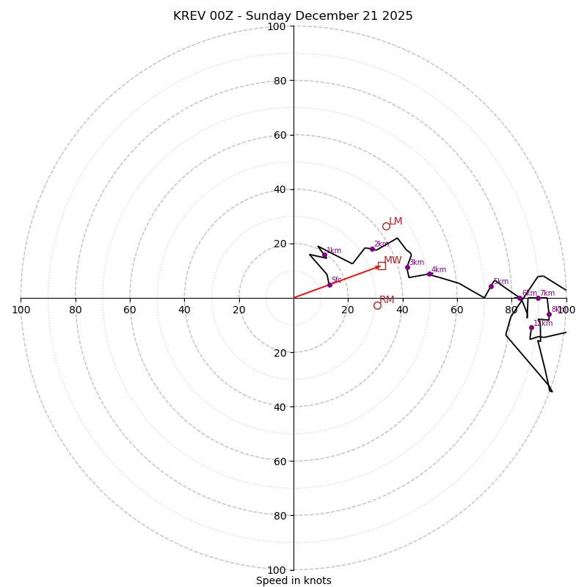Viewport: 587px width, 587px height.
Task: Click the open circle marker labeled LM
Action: pos(386,226)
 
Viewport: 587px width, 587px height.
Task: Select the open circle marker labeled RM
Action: pos(377,305)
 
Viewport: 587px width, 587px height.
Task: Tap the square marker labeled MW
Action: pos(382,266)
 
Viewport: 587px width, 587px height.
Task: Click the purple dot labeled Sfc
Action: pos(329,285)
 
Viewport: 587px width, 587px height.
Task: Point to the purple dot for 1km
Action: pos(324,255)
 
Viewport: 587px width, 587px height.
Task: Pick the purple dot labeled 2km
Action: pos(372,249)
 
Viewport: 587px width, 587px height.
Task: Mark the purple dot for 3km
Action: pos(407,267)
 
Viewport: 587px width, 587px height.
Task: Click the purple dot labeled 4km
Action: pos(429,274)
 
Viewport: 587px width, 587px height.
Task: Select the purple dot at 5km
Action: pos(491,286)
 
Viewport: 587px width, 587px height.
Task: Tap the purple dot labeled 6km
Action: pos(519,298)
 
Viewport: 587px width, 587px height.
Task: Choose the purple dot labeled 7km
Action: pos(538,298)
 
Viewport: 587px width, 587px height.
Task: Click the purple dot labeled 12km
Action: pos(531,327)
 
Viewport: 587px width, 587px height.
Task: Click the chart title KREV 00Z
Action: pos(293,16)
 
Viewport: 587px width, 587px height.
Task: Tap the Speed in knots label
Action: pos(293,580)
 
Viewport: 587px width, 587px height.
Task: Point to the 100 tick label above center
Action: pos(277,26)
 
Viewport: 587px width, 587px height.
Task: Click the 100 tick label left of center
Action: pos(21,310)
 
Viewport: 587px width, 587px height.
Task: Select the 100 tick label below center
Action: pos(277,570)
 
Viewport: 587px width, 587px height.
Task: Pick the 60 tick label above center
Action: pos(279,135)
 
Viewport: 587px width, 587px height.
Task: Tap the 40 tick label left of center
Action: pos(184,310)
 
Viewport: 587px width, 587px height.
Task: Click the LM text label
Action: pos(395,222)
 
